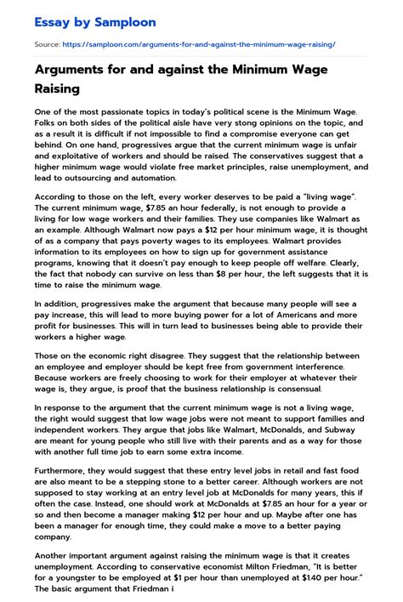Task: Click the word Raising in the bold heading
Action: pos(57,88)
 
